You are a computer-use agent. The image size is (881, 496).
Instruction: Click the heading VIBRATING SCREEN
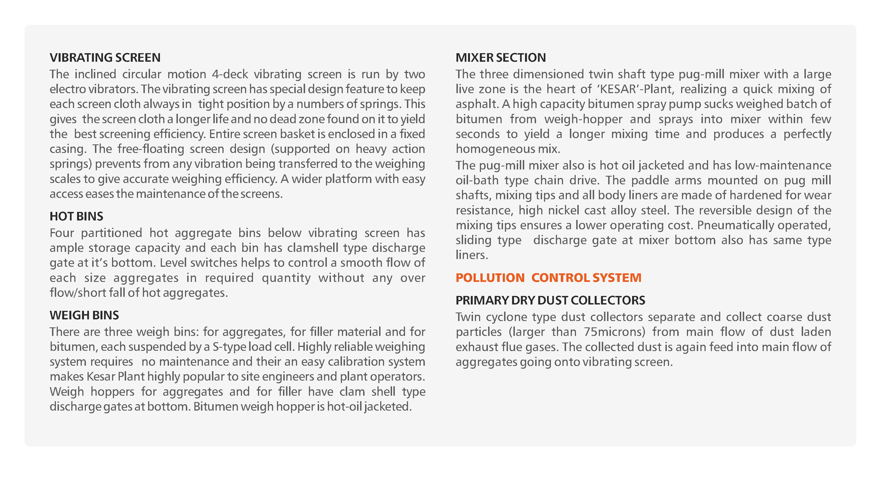(x=105, y=58)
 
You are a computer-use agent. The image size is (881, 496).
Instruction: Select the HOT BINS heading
(x=76, y=216)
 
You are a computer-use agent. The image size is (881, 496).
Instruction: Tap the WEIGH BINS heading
(x=84, y=315)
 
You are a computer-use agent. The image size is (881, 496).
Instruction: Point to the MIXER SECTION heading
(x=501, y=58)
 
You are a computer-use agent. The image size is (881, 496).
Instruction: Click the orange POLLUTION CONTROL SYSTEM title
(x=548, y=277)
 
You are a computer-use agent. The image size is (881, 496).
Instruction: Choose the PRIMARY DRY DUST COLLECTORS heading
(x=550, y=300)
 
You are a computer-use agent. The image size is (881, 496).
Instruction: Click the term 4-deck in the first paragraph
(x=230, y=74)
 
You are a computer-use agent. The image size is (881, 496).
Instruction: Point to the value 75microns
(x=614, y=332)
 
